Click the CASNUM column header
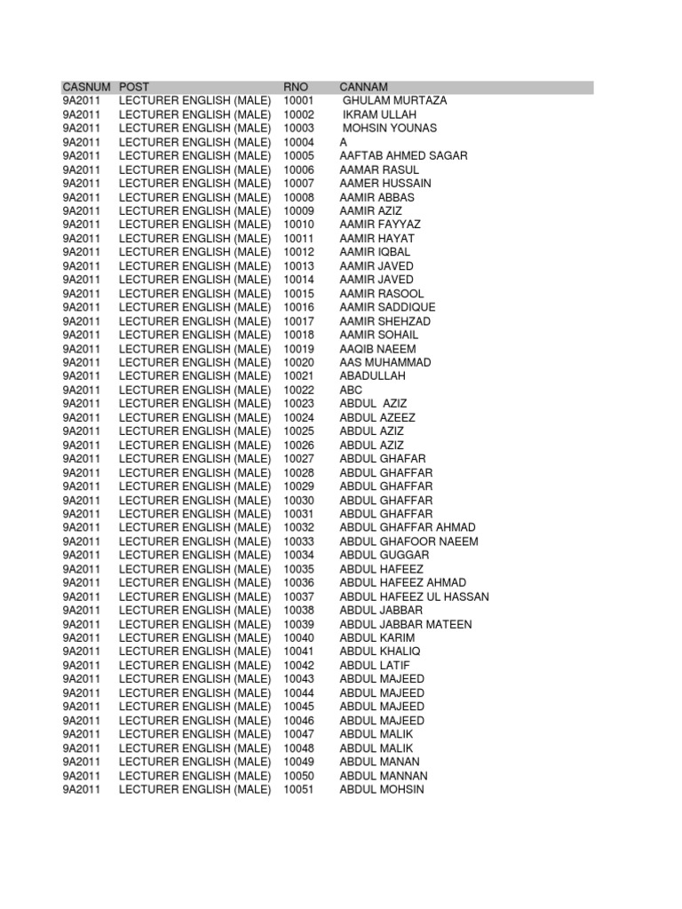click(x=86, y=87)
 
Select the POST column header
click(x=134, y=87)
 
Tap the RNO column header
click(x=295, y=87)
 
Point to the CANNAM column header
click(x=364, y=87)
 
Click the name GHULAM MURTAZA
click(x=394, y=101)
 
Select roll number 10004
click(x=299, y=142)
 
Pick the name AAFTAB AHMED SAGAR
click(x=403, y=156)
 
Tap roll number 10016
click(x=299, y=307)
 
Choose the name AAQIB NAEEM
click(x=377, y=349)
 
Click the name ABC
click(x=352, y=390)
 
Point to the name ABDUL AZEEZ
click(x=377, y=417)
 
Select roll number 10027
click(x=299, y=459)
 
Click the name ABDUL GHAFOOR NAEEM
click(x=408, y=541)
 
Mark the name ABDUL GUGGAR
click(x=385, y=555)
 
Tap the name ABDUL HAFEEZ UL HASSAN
click(x=414, y=597)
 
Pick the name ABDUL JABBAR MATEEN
click(x=406, y=624)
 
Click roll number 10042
click(x=299, y=665)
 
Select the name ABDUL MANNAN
click(x=384, y=775)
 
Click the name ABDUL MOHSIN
click(x=382, y=789)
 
